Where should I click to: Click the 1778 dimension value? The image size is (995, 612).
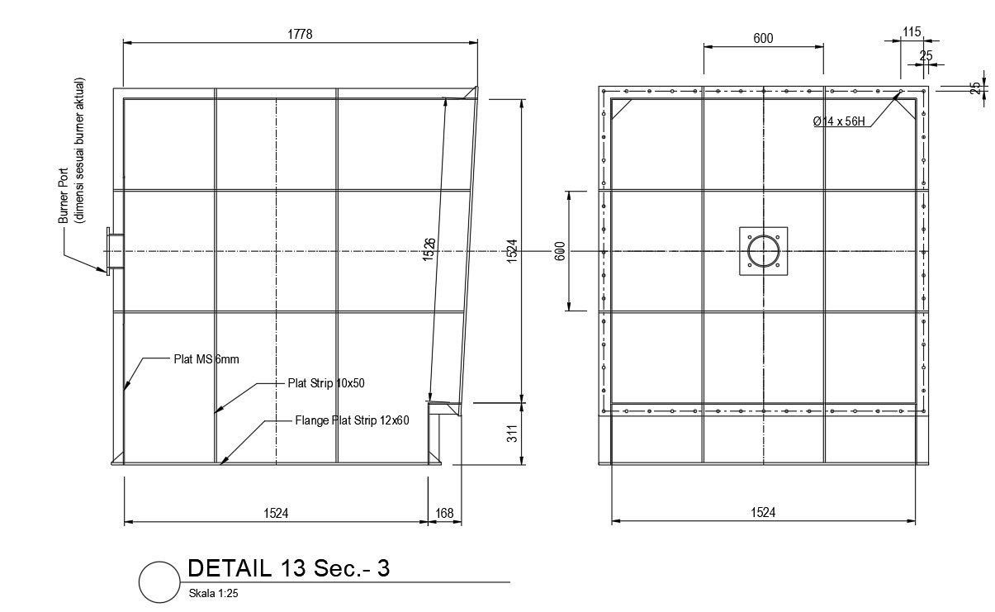300,34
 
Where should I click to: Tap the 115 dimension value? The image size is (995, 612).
911,31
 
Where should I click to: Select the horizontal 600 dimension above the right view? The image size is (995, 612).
763,38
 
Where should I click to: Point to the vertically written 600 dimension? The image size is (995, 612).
559,250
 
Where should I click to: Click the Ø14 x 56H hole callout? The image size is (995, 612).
838,121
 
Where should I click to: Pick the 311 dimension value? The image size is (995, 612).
511,434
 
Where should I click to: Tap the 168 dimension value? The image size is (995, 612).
444,513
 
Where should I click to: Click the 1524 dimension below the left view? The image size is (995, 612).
276,513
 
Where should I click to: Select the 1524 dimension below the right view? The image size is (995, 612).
763,512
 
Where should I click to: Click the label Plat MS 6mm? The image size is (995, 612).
206,359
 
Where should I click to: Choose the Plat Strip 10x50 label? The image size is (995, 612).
325,383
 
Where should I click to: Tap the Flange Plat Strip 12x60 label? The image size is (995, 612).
352,420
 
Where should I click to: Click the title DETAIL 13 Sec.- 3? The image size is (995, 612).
288,568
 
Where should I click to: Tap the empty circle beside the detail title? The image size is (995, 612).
159,581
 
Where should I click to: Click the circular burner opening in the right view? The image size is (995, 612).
763,251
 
